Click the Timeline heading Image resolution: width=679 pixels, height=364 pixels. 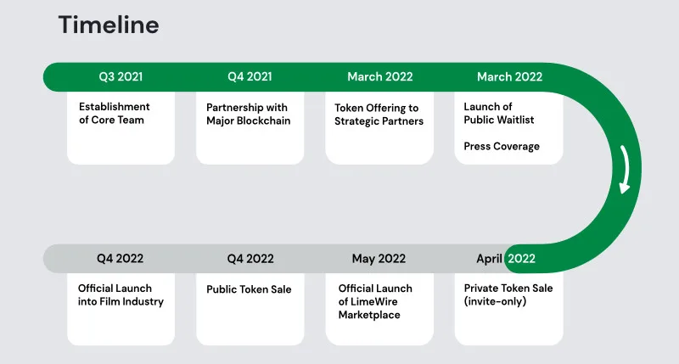109,25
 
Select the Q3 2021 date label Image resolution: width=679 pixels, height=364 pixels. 121,76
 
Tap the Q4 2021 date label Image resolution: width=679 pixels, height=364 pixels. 250,76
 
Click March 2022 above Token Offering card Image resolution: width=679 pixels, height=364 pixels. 379,76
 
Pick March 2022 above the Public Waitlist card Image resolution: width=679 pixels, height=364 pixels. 510,76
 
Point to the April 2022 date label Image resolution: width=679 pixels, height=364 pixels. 506,259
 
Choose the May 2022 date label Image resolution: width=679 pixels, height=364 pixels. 379,259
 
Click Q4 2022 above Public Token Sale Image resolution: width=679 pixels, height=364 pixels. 250,259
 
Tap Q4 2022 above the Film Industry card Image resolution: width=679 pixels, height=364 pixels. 120,259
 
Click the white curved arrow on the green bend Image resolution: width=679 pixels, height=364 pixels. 626,169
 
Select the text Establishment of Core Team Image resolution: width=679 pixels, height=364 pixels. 115,113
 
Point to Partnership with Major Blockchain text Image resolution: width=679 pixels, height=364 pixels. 248,114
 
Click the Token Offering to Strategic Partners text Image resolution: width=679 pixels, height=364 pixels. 379,115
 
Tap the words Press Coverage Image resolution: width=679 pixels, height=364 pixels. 502,146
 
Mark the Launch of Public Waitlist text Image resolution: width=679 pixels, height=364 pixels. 499,113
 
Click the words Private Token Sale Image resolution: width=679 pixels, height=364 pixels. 508,288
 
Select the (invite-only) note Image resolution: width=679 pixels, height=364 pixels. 495,301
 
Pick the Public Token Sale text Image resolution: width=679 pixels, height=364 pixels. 249,289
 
